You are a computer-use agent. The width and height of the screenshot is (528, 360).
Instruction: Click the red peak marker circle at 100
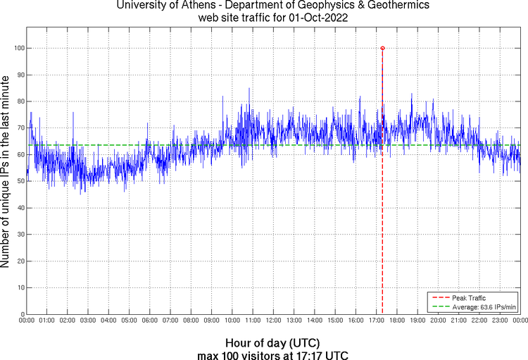(x=382, y=48)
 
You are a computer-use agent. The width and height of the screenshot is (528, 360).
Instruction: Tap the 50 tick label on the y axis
(x=19, y=181)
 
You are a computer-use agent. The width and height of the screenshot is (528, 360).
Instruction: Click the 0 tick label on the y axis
(x=21, y=314)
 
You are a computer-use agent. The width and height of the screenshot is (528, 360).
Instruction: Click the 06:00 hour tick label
(x=150, y=321)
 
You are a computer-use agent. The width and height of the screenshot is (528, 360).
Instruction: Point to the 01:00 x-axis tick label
(x=47, y=321)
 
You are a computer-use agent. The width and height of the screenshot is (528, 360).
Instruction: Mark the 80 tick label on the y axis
(x=19, y=101)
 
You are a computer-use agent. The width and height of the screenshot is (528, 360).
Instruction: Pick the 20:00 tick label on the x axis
(x=438, y=321)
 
